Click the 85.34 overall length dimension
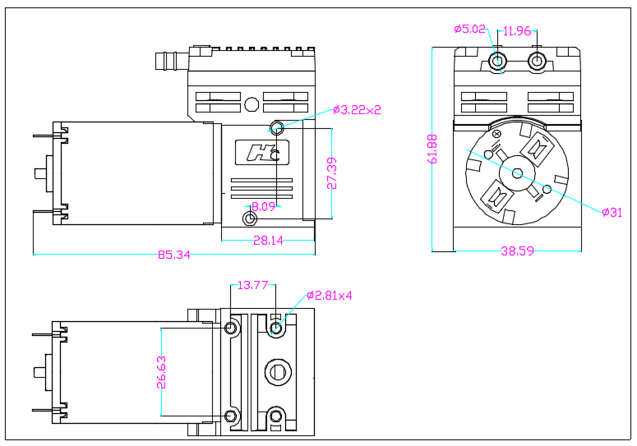[x=173, y=255]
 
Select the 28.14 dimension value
[x=267, y=241]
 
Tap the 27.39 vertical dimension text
[x=332, y=174]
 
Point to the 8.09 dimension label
[x=263, y=207]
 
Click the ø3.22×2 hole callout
[x=357, y=109]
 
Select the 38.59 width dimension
[x=517, y=251]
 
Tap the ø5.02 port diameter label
[x=470, y=30]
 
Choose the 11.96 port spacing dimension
[x=517, y=31]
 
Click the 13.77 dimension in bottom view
[x=252, y=285]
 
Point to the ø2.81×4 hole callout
[x=329, y=296]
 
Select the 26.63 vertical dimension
[x=161, y=371]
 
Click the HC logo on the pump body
[x=262, y=153]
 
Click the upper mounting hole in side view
[x=277, y=127]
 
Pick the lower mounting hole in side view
[x=251, y=218]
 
